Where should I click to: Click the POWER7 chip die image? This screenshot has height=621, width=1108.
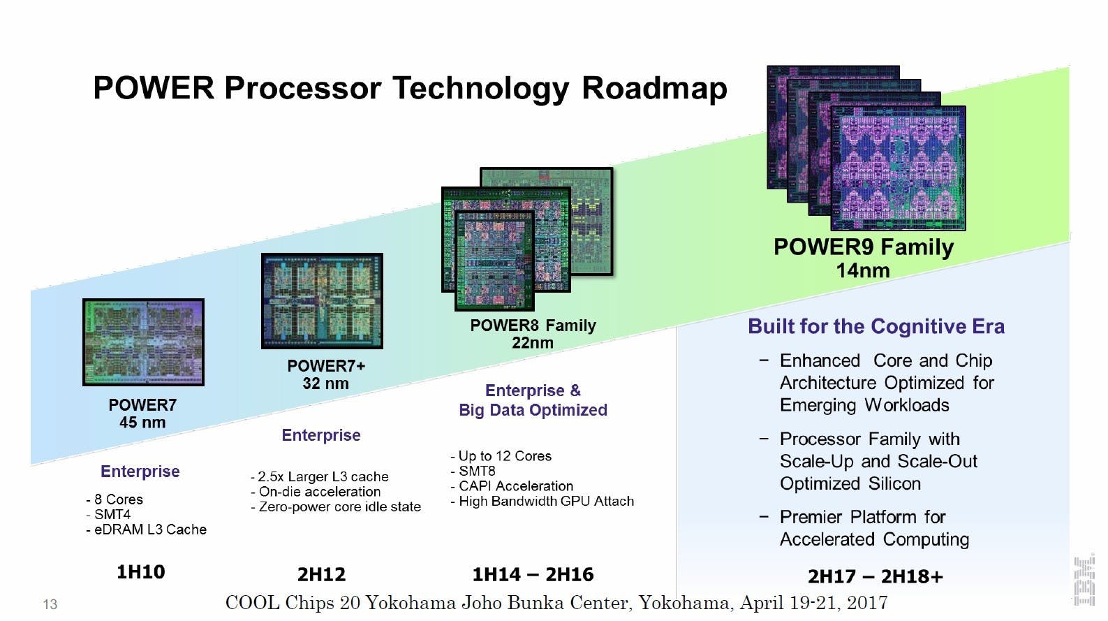coord(143,342)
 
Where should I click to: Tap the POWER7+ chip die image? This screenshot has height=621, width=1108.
coord(322,301)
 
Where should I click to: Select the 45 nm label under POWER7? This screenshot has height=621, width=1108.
coord(142,423)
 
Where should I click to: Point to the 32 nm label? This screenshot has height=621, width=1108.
coord(325,383)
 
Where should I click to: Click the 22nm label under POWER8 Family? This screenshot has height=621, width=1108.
coord(532,342)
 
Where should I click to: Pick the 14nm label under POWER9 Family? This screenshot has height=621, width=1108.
coord(863,270)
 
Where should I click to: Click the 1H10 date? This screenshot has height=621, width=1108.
coord(141,572)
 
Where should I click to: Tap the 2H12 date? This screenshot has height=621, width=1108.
coord(322,574)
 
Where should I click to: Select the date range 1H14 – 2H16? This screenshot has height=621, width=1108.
coord(533,574)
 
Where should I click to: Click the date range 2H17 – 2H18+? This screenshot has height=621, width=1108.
coord(876,576)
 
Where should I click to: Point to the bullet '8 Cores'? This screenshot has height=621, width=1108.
coord(115,499)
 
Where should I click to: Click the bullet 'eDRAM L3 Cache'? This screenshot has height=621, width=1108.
coord(147,529)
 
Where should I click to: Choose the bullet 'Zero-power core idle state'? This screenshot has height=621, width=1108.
coord(336,506)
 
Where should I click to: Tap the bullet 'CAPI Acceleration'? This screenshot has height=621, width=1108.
coord(512,486)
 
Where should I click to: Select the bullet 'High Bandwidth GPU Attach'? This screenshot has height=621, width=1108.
coord(542,502)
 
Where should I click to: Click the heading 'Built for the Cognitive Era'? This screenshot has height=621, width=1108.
coord(876,327)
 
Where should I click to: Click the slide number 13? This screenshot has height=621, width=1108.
coord(50,604)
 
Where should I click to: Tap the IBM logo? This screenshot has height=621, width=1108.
coord(1084,581)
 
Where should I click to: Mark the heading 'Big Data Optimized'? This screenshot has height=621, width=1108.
coord(533,410)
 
